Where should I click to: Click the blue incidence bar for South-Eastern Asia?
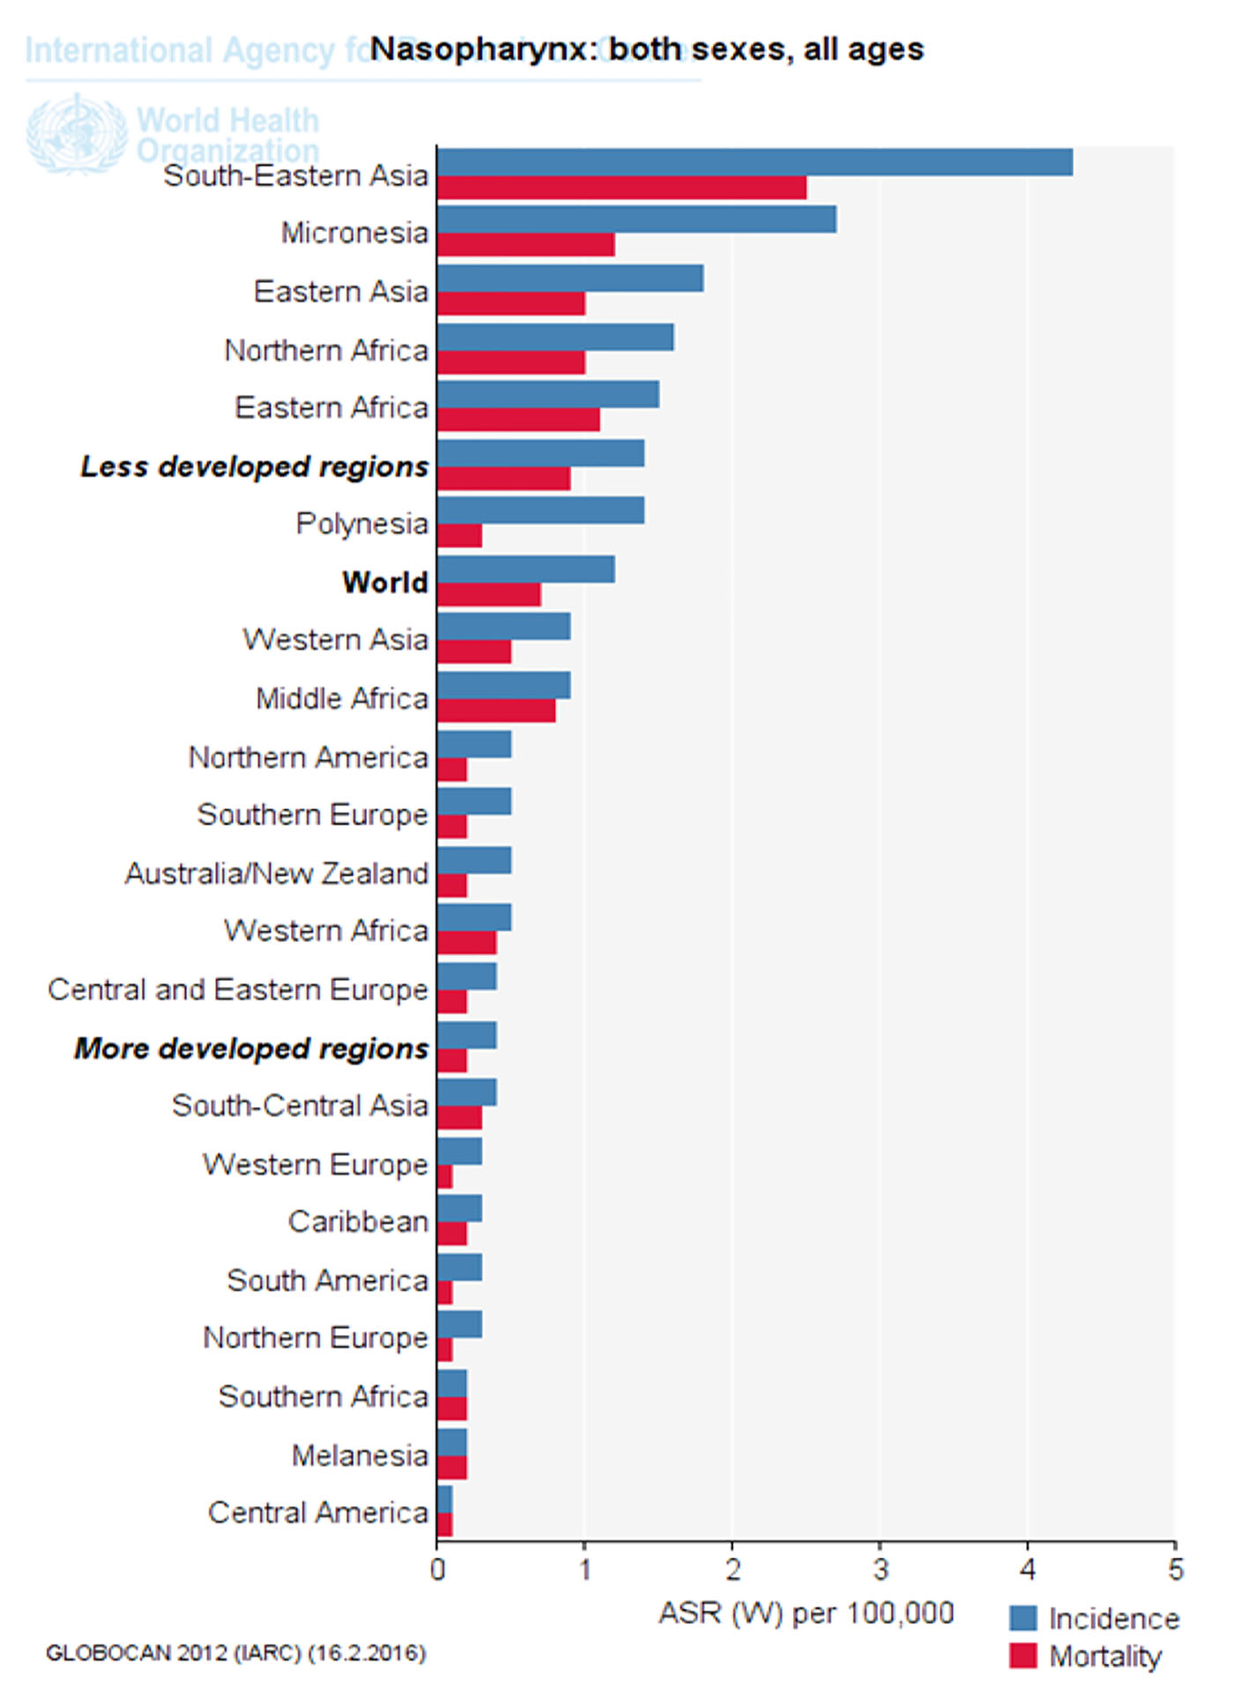point(755,162)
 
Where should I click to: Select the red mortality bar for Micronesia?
point(525,245)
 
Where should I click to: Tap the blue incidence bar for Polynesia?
point(540,510)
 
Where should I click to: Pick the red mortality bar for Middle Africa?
point(496,710)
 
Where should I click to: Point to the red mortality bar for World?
point(488,595)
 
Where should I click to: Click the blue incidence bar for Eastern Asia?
point(569,278)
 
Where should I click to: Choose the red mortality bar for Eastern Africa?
point(518,419)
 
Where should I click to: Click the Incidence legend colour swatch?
point(1022,1618)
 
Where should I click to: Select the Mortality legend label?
point(1105,1657)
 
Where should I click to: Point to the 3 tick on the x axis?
point(880,1542)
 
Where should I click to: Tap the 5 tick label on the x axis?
point(1176,1569)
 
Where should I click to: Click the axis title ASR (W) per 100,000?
point(806,1613)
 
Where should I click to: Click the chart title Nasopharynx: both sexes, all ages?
point(647,49)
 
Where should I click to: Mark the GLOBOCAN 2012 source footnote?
point(235,1653)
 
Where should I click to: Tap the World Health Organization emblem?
point(77,134)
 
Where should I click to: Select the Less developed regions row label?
point(255,466)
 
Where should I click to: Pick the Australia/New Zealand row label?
point(277,873)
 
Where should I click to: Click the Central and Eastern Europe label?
point(238,990)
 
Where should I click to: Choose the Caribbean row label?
point(358,1221)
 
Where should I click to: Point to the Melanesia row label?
point(360,1455)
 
